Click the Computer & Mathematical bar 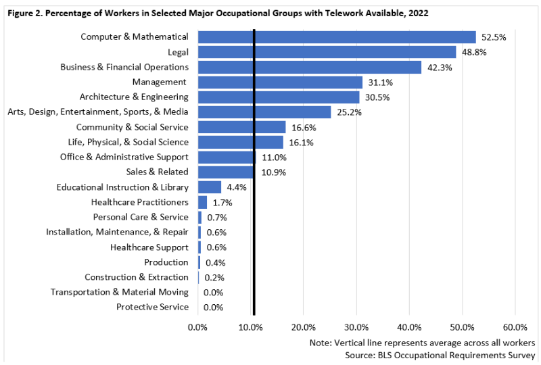point(337,37)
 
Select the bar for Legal point(327,52)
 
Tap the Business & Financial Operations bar point(310,67)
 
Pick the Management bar point(280,82)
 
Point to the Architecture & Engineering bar point(279,97)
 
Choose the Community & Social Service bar point(241,127)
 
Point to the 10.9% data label point(273,172)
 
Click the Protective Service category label point(152,307)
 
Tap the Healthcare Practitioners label point(139,202)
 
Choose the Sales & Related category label point(157,172)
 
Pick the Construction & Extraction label point(137,277)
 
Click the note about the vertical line point(423,342)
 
